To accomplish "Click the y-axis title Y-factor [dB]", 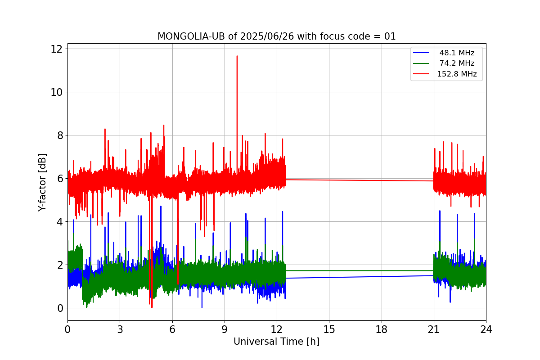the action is pos(42,183).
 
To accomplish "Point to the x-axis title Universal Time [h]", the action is pos(276,342).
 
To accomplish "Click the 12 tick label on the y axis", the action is pos(56,49).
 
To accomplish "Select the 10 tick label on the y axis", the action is pos(56,92).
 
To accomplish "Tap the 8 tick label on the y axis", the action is pos(60,135).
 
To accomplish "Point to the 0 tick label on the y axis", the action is pos(60,308).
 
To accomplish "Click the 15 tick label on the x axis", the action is pos(329,329).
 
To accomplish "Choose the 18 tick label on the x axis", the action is pos(382,329).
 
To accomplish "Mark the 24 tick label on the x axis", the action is pos(486,329).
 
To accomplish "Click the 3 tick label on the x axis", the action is pos(120,329).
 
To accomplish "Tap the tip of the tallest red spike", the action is pos(237,56).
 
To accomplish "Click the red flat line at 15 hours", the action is pos(329,180).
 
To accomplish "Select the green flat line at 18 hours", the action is pos(382,271).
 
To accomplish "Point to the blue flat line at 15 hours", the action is pos(329,277).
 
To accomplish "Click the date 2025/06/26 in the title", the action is pos(267,36).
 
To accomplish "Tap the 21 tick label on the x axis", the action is pos(434,329).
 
